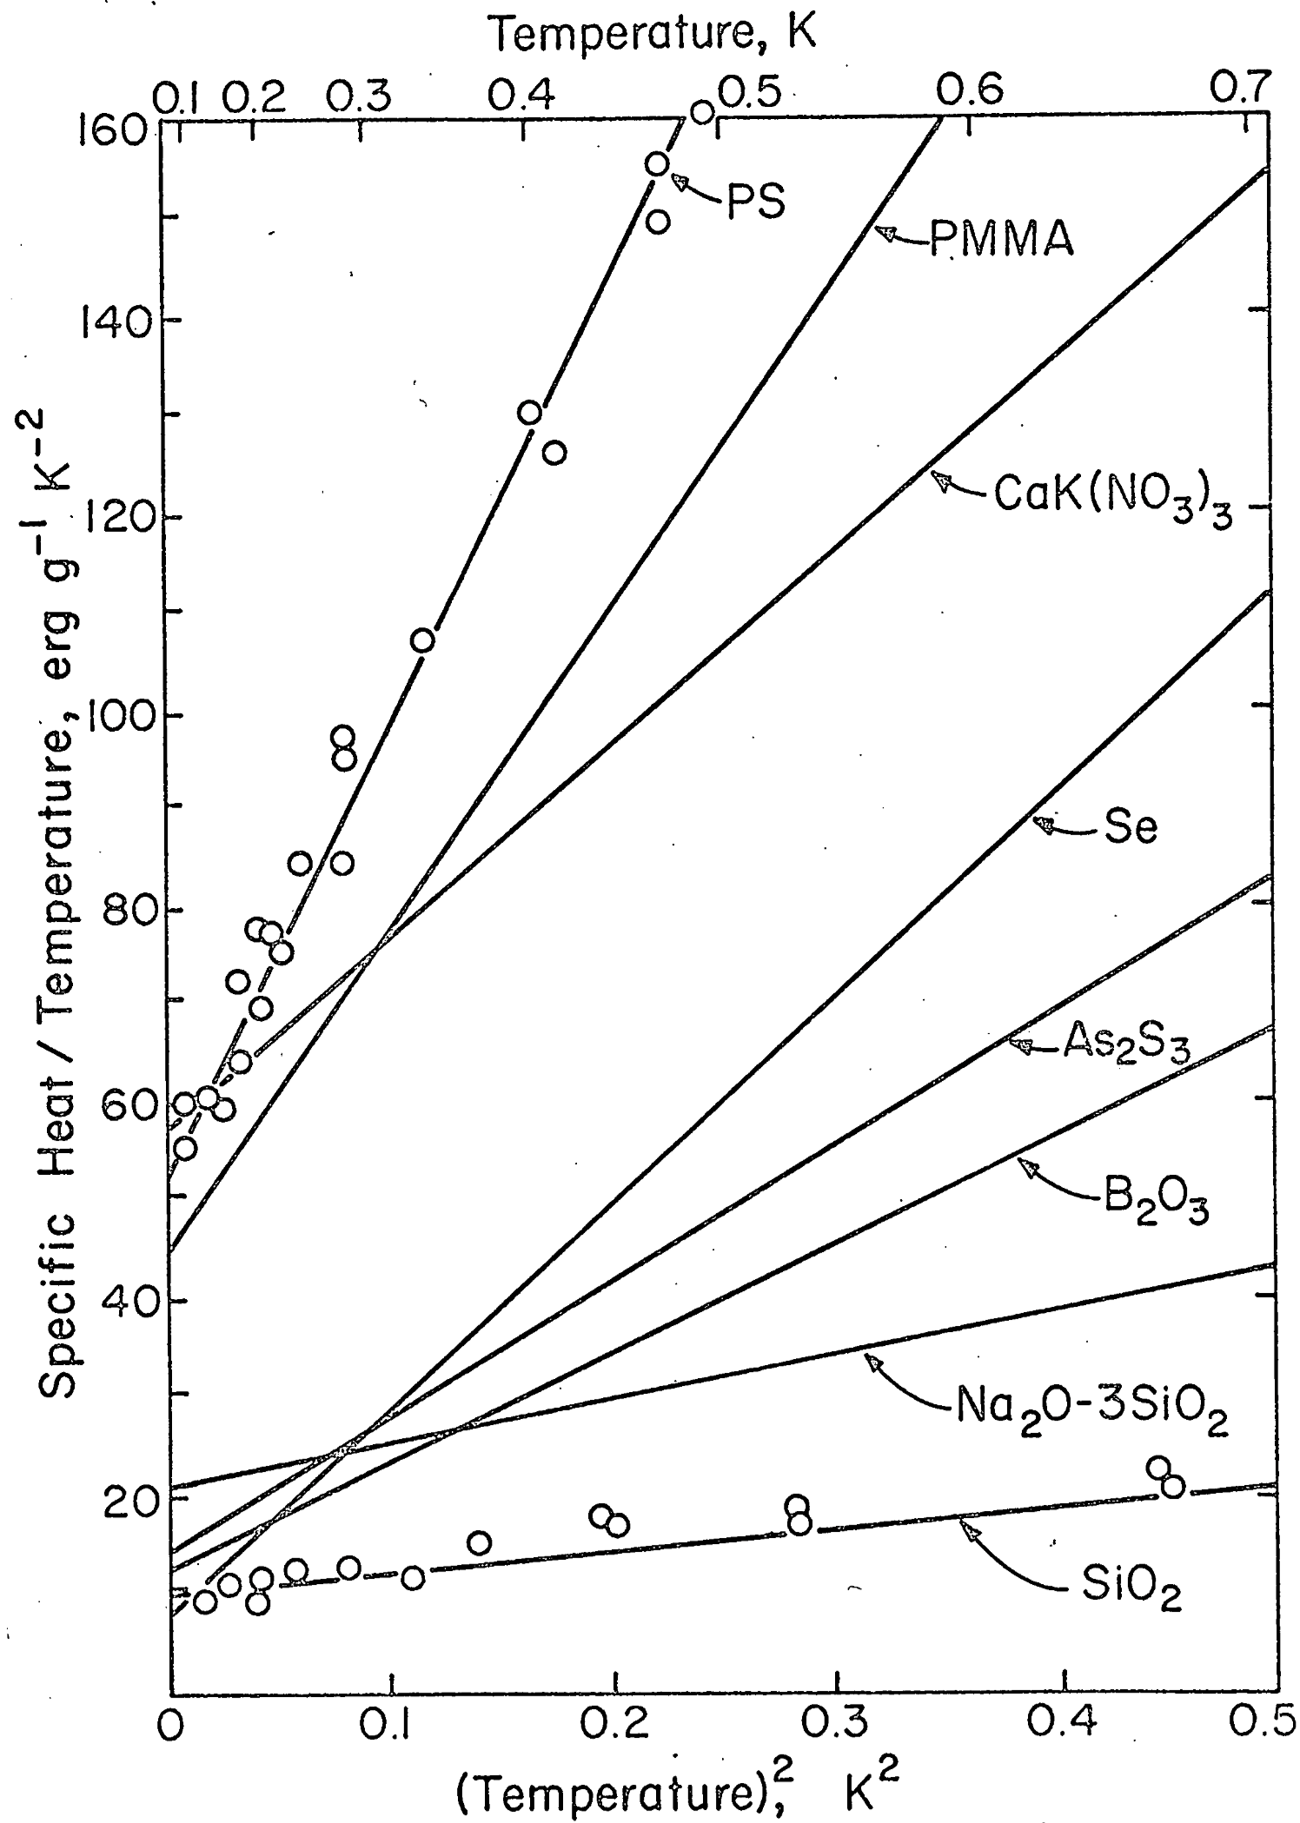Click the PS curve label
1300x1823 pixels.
753,201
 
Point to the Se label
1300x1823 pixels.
1131,827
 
